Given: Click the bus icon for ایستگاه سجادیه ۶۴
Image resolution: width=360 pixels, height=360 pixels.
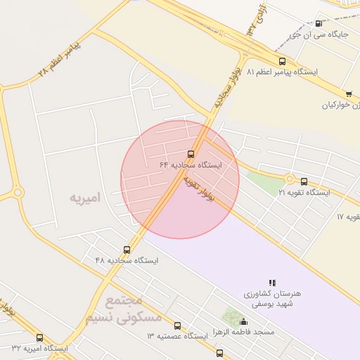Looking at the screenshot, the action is click(x=191, y=155).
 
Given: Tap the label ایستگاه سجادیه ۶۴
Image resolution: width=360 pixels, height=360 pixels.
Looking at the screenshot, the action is click(x=191, y=165).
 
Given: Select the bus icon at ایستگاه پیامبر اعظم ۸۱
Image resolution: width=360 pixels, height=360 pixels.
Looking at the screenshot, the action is click(x=282, y=62).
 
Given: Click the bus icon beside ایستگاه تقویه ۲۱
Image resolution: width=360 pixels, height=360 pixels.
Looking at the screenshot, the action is click(x=304, y=181).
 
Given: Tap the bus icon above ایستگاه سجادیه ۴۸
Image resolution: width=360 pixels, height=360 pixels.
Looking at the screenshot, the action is click(x=127, y=250).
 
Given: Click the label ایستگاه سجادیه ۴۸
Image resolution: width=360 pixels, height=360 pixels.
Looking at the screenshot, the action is click(x=127, y=260).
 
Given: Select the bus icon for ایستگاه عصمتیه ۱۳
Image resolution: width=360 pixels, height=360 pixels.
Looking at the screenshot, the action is click(x=177, y=326).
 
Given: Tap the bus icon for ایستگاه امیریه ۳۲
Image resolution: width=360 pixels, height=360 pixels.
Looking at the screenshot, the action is click(x=39, y=337).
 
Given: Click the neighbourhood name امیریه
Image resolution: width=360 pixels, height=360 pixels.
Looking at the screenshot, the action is click(x=85, y=198).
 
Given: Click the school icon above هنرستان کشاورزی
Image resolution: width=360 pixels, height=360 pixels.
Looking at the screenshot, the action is click(x=272, y=283).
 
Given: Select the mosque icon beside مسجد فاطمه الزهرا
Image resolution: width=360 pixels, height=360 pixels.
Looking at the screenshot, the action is click(x=243, y=321).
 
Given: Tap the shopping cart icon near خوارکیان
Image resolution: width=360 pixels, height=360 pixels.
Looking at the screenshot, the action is click(x=348, y=94).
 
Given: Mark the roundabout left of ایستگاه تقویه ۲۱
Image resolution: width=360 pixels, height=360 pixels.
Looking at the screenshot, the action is click(x=289, y=179).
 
